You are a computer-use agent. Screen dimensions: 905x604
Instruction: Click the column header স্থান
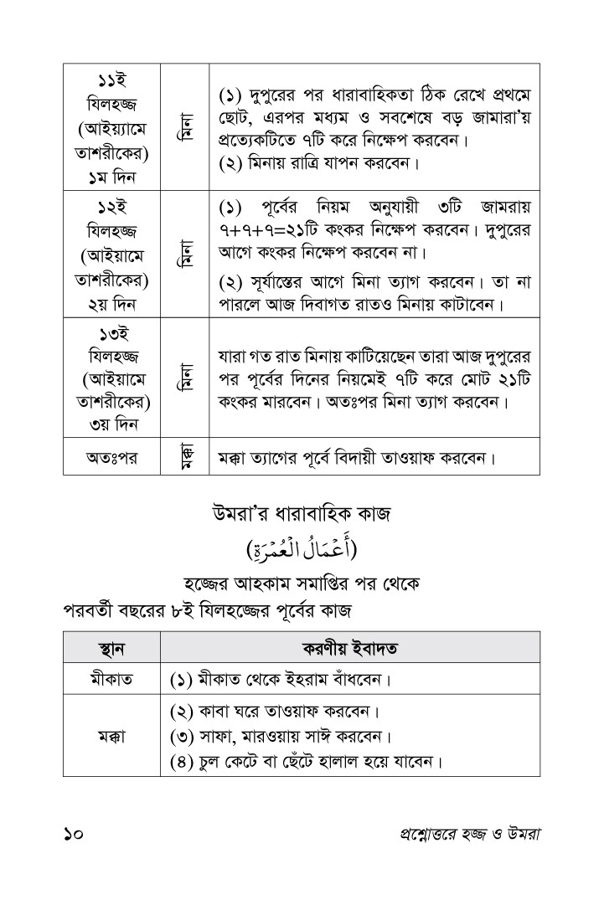pyautogui.click(x=111, y=648)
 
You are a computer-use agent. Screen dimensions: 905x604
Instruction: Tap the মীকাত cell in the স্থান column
pyautogui.click(x=111, y=678)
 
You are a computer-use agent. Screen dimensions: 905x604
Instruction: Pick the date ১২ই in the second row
pyautogui.click(x=111, y=207)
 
